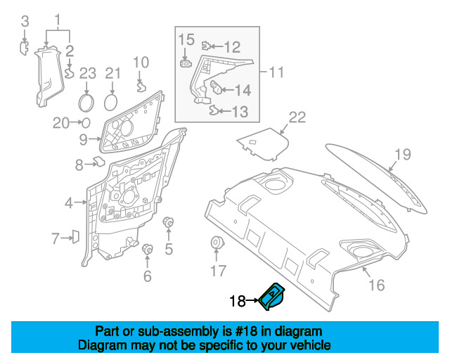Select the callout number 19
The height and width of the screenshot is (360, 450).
(401, 155)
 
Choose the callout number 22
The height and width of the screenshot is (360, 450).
(297, 117)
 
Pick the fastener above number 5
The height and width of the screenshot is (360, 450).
(169, 223)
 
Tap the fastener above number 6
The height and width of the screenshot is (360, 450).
(148, 249)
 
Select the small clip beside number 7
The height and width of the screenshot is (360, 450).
(75, 237)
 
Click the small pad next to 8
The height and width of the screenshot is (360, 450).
(98, 162)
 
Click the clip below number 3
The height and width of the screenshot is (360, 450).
(23, 47)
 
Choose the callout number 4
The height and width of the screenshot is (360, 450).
(69, 203)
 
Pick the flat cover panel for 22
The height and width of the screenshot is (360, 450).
(264, 142)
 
